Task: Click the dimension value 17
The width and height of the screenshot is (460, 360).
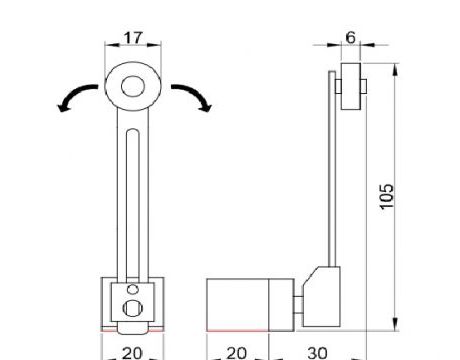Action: point(132,38)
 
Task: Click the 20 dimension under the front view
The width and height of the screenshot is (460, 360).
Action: point(131,352)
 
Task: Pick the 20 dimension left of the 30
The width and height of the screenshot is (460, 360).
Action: point(236,352)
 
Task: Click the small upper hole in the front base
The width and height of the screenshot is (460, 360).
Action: point(132,291)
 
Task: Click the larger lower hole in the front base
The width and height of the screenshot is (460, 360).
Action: point(132,307)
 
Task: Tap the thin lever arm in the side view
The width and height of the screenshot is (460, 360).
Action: point(332,170)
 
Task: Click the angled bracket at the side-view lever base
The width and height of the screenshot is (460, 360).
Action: point(323,290)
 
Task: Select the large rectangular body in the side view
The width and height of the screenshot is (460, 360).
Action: point(237,303)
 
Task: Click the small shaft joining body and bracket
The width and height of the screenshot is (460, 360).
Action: point(298,304)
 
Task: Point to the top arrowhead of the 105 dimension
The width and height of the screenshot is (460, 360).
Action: point(397,65)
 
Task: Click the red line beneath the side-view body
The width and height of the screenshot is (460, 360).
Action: point(237,329)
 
